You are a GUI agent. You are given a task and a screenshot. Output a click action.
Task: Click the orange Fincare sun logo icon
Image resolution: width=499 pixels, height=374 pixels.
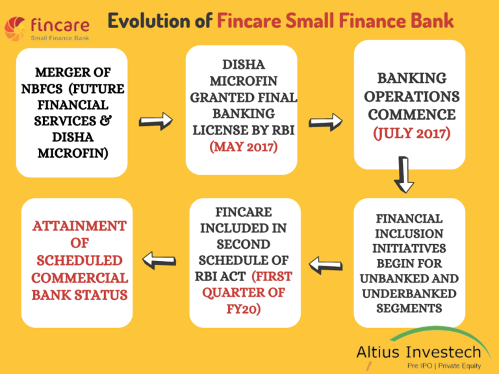(x=16, y=28)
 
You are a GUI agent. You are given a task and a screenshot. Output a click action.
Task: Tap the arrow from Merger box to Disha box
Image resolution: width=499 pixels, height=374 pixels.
(x=156, y=121)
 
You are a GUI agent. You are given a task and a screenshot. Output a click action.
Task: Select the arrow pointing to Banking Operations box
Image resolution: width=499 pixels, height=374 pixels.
(x=326, y=121)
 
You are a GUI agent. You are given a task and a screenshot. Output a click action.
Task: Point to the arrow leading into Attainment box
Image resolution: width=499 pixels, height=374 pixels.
(x=159, y=260)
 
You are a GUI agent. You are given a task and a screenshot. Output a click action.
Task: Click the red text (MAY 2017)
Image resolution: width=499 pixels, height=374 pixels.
(x=244, y=147)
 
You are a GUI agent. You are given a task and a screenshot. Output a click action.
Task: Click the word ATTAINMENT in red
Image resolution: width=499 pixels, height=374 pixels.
(x=79, y=226)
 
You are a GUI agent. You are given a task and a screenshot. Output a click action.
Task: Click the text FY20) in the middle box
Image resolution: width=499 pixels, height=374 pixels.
(x=244, y=310)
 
